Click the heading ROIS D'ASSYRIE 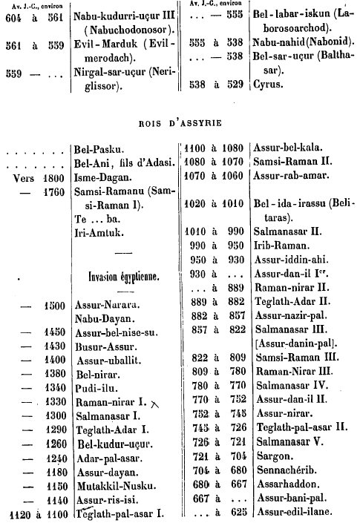click(180, 123)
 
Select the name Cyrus click(268, 84)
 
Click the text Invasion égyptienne click(124, 277)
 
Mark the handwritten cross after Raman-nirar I click(155, 404)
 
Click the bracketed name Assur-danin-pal click(297, 343)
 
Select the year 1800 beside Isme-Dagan click(53, 178)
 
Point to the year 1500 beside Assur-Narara click(55, 306)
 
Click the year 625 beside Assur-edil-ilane click(239, 511)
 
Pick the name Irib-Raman click(282, 246)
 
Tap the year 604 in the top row click(13, 17)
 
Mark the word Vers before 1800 click(24, 178)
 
